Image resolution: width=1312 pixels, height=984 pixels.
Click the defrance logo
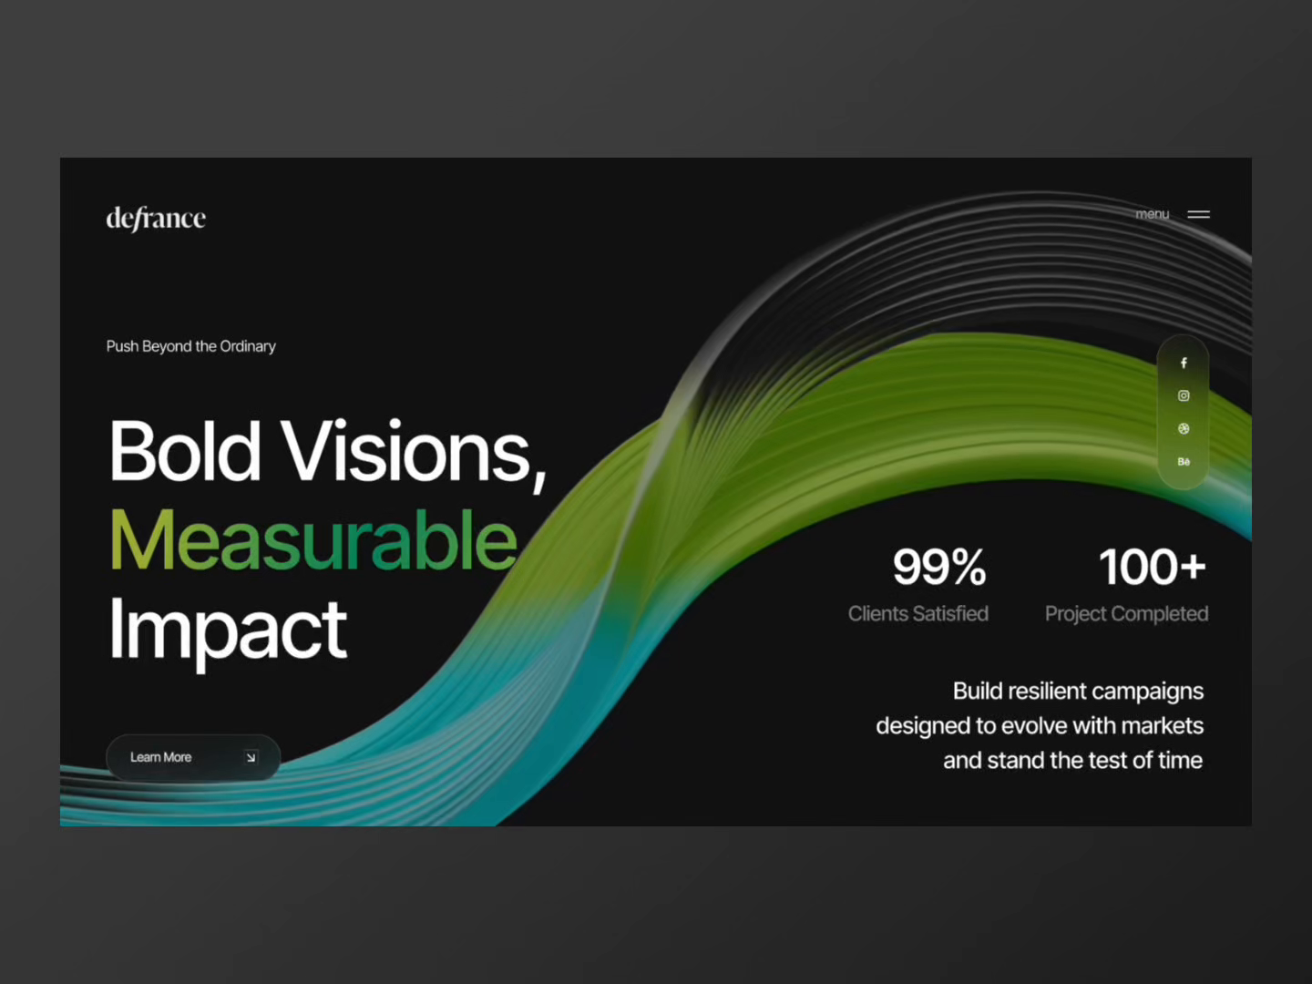click(x=156, y=219)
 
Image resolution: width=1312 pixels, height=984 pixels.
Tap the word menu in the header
click(x=1152, y=214)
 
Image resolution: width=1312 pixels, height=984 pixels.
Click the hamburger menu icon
click(x=1198, y=214)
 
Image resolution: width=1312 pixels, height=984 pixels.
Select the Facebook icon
click(x=1184, y=363)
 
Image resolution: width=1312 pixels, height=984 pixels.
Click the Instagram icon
click(x=1184, y=395)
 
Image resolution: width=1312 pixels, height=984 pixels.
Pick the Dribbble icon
click(x=1184, y=428)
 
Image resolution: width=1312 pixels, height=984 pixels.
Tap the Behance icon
click(x=1184, y=462)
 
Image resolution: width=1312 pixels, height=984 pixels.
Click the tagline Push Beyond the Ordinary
click(x=190, y=346)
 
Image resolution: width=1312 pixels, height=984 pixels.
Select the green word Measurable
click(x=313, y=540)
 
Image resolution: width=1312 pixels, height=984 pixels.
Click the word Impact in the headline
click(x=228, y=630)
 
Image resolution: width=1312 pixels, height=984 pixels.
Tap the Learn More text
click(x=160, y=757)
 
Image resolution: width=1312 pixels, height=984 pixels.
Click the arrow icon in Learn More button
click(x=251, y=757)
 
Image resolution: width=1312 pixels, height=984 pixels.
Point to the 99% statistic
click(x=939, y=567)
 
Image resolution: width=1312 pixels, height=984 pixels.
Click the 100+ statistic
click(x=1152, y=567)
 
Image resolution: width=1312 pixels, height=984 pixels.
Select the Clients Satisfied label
click(x=917, y=614)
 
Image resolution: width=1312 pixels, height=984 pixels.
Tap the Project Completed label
click(x=1126, y=614)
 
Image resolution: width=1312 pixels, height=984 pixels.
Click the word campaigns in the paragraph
click(x=1147, y=692)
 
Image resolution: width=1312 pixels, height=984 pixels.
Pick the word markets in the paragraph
click(x=1162, y=726)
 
